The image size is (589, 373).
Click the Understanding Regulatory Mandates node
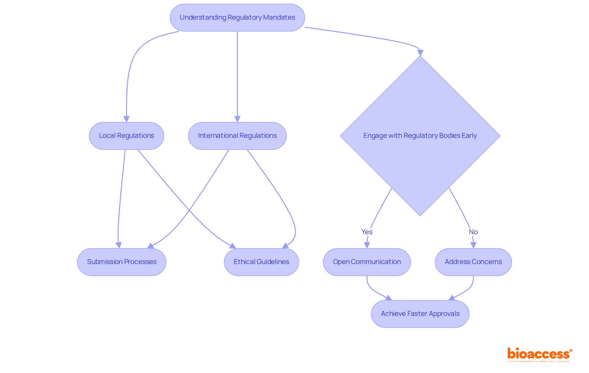click(237, 17)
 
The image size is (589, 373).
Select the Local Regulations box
click(126, 136)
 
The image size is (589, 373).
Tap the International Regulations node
click(237, 136)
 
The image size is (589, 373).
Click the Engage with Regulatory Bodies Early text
click(420, 136)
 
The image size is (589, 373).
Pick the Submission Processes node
click(121, 262)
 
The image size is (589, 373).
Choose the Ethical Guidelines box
click(261, 262)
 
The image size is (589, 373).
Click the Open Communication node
click(367, 262)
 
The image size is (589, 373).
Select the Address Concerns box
click(473, 262)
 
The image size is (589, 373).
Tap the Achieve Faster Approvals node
click(420, 314)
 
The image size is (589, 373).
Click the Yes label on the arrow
click(367, 232)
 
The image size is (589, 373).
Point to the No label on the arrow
click(473, 232)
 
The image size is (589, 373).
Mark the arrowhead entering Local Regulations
click(126, 119)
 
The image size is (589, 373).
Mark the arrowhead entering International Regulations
click(237, 119)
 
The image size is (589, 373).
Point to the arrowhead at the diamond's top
click(420, 53)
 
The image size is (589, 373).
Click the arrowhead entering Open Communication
click(367, 245)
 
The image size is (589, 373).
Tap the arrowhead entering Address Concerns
click(473, 245)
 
